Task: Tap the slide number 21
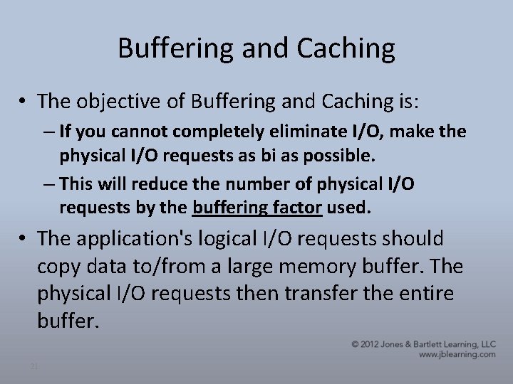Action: point(33,366)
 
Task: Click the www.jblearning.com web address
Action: point(457,354)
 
